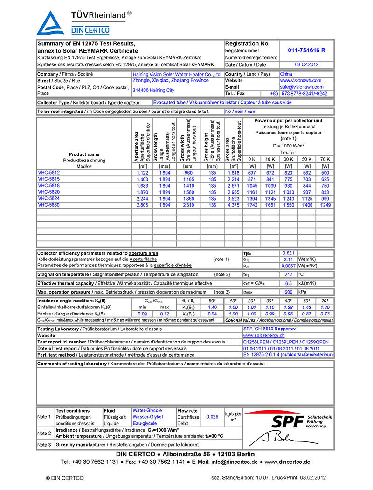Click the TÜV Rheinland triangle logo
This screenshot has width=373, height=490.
[50, 23]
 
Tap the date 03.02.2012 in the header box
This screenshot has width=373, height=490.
[306, 65]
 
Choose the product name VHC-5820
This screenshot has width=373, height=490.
[49, 192]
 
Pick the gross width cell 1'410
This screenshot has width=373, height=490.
[188, 185]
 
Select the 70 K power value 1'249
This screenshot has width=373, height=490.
[325, 205]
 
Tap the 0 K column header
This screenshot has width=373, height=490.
[252, 159]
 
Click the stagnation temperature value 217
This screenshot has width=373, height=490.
[289, 274]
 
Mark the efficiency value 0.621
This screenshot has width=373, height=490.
[289, 252]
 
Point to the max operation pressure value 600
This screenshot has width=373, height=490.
[289, 292]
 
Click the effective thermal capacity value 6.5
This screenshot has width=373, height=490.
[289, 283]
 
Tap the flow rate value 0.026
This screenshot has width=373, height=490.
[212, 417]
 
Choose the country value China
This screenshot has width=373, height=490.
[286, 74]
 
